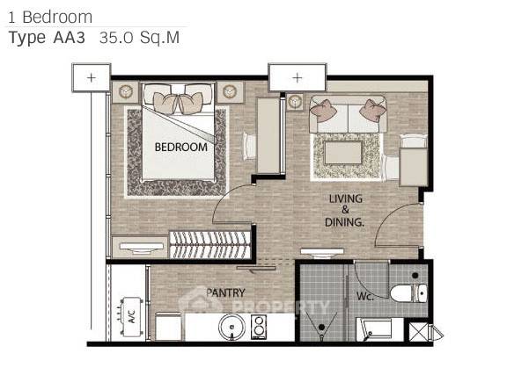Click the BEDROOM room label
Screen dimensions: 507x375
point(181,148)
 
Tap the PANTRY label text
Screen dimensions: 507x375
point(225,292)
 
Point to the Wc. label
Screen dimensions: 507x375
point(365,296)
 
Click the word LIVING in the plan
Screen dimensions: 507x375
point(346,198)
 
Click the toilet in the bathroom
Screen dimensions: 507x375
point(408,292)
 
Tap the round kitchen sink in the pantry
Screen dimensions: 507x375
point(231,327)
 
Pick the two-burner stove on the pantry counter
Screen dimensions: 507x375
point(259,327)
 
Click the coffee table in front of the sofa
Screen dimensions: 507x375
point(343,153)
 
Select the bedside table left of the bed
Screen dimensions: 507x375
point(125,92)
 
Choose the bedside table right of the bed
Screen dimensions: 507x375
point(230,92)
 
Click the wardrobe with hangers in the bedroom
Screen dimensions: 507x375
point(210,245)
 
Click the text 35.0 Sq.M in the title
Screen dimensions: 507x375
point(139,38)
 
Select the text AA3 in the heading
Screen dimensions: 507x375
point(69,38)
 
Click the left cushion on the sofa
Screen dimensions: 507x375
point(323,111)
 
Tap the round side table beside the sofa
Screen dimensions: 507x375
point(295,102)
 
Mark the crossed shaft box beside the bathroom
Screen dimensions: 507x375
point(418,332)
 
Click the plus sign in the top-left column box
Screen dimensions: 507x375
point(92,78)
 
